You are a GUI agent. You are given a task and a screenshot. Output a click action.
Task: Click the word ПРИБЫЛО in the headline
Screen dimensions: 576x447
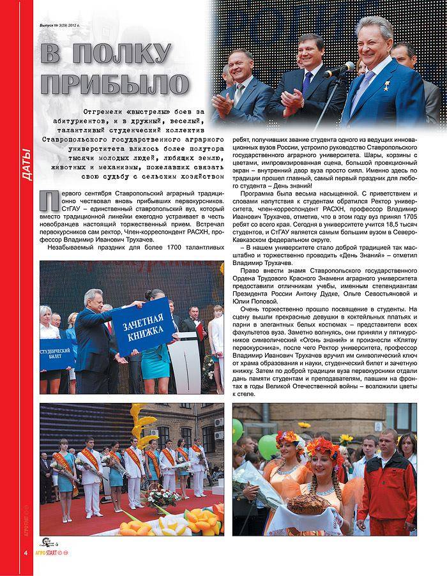(x=115, y=84)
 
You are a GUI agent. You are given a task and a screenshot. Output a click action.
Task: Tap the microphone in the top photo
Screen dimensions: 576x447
(x=339, y=68)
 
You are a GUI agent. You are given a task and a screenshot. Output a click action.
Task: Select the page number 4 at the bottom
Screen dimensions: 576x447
(x=26, y=551)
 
